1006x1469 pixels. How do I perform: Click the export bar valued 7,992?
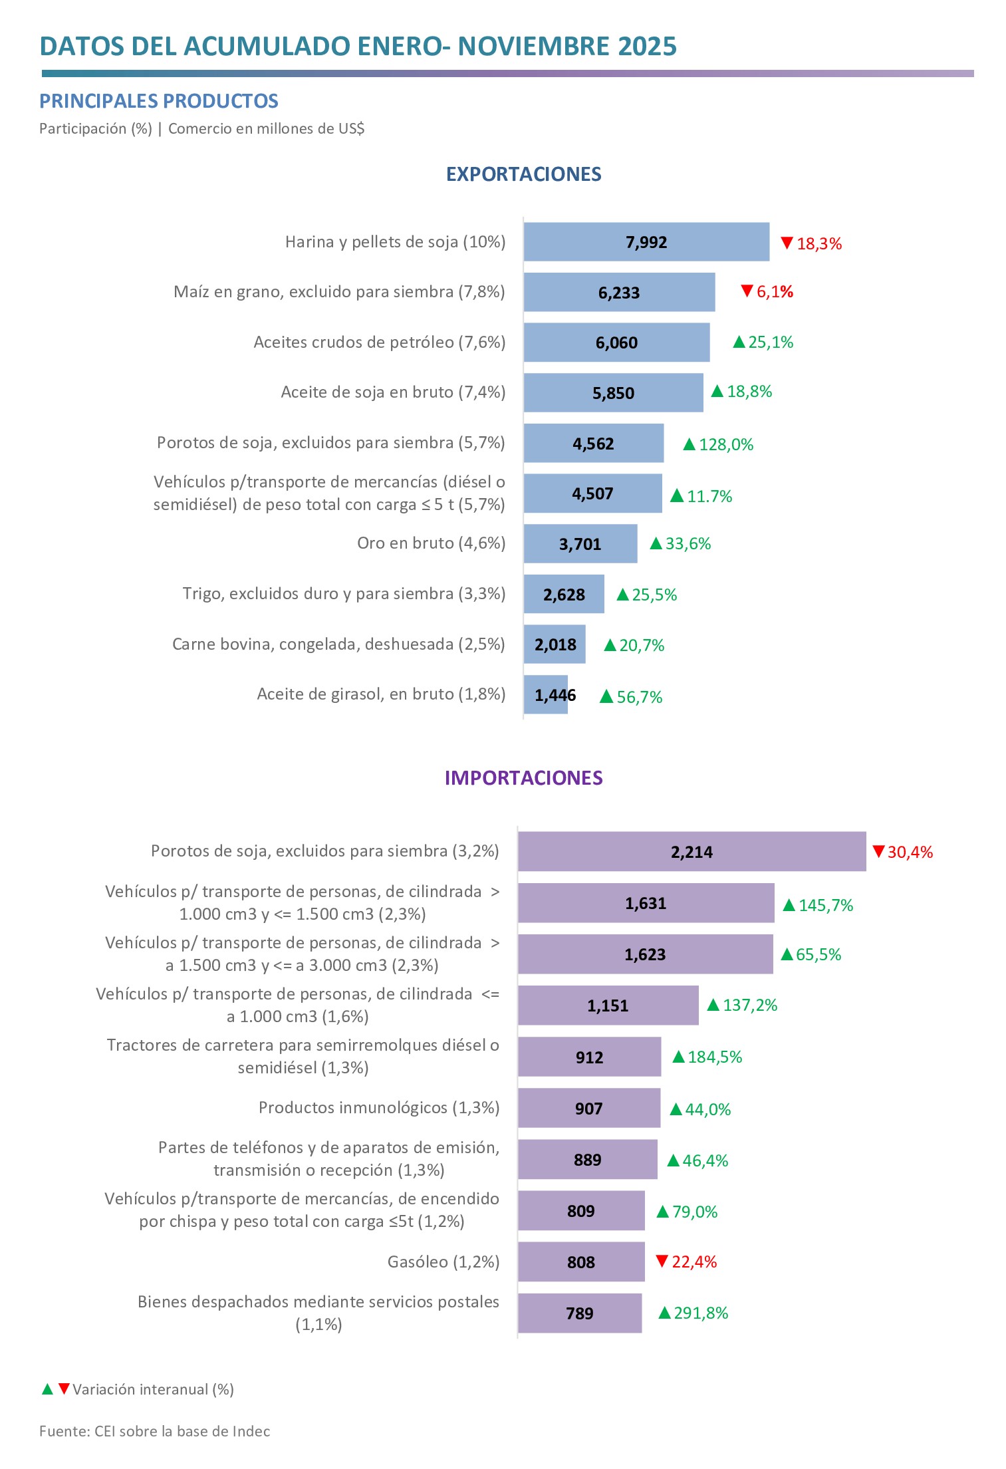(646, 242)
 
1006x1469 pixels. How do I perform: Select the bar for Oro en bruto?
(580, 544)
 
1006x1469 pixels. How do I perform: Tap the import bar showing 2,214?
(692, 852)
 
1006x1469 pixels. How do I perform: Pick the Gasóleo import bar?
(580, 1262)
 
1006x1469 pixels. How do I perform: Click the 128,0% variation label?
(725, 445)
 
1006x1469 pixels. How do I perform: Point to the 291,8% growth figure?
(700, 1313)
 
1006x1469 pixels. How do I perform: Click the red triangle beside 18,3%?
(787, 243)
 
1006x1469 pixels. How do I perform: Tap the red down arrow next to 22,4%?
(662, 1261)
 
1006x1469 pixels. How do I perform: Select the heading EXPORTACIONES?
(523, 174)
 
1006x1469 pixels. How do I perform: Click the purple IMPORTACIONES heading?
(523, 778)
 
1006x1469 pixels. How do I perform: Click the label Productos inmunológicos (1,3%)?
(379, 1108)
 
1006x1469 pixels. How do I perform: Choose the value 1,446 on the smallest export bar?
(555, 696)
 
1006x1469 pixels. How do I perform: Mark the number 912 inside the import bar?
(589, 1057)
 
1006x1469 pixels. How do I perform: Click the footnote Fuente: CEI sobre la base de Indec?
(154, 1432)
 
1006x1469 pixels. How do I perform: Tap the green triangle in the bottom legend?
(47, 1389)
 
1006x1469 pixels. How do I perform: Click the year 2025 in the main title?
(647, 47)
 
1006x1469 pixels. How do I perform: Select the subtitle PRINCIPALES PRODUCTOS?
(158, 101)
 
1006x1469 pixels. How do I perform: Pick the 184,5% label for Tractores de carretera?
(714, 1057)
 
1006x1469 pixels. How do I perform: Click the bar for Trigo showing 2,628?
(563, 595)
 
